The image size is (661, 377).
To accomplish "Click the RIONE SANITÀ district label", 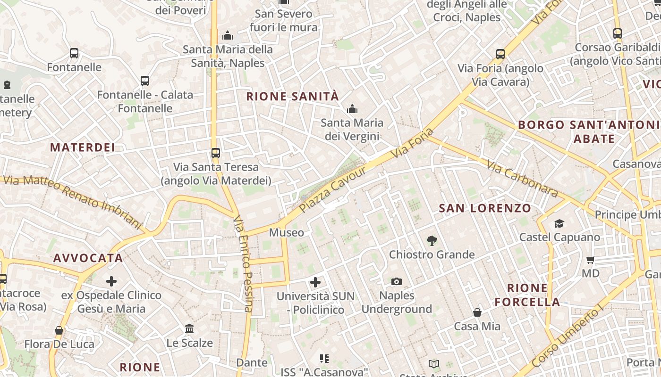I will tap(293, 97).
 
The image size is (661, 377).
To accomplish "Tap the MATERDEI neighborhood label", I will tap(83, 148).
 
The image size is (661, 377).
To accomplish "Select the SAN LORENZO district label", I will tap(485, 208).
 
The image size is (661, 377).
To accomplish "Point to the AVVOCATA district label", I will tap(88, 258).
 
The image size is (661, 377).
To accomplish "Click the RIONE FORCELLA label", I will tap(527, 295).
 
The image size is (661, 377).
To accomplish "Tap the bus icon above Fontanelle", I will tap(74, 53).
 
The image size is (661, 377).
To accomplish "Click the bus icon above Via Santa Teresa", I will tap(216, 153).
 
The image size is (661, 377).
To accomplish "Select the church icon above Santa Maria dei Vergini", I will tap(352, 109).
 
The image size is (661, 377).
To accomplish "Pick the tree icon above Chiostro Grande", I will tap(432, 241).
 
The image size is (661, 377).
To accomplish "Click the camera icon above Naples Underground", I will tap(397, 282).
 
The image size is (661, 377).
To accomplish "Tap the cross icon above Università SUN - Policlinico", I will tap(315, 282).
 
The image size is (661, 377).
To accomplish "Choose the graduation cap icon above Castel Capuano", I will tap(559, 223).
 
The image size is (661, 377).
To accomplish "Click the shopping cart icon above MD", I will tap(590, 260).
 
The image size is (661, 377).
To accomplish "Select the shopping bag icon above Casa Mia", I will tap(477, 312).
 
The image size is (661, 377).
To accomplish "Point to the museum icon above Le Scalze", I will tap(189, 328).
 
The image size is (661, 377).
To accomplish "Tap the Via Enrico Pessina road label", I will tap(244, 264).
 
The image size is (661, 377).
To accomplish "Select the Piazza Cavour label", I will tap(332, 189).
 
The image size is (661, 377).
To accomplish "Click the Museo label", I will tap(286, 232).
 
